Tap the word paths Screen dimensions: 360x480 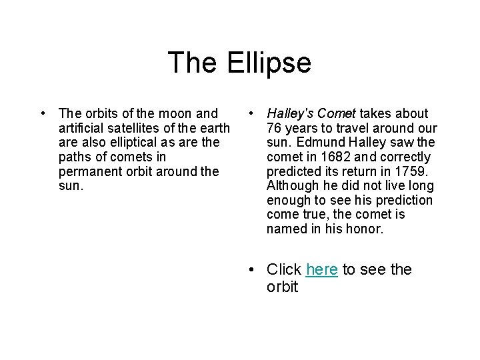click(x=75, y=157)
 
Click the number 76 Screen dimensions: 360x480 click(x=275, y=128)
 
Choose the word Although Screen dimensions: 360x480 click(x=293, y=186)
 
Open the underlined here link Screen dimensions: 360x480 click(x=321, y=270)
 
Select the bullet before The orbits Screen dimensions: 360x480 click(x=42, y=114)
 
